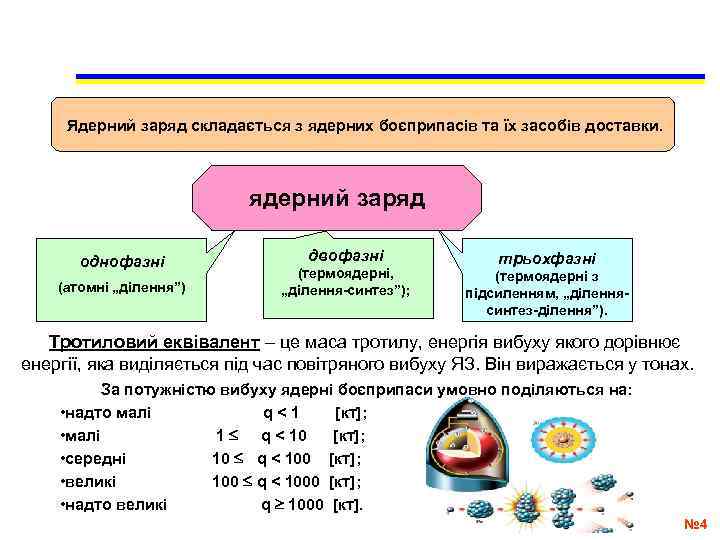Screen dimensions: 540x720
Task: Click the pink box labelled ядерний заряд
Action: click(336, 198)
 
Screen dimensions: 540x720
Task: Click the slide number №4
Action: click(694, 524)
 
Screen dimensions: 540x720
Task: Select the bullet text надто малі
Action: click(99, 413)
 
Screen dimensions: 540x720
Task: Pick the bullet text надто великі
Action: click(113, 504)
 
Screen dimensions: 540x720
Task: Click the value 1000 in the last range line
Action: click(306, 504)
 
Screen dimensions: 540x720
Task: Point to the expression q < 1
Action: click(281, 413)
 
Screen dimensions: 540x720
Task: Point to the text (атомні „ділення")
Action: click(123, 289)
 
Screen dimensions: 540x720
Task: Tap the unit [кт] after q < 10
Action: click(348, 436)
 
